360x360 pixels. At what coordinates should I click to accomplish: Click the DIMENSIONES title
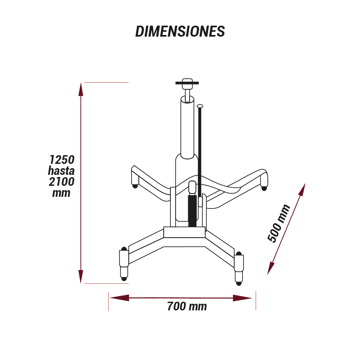pyautogui.click(x=180, y=31)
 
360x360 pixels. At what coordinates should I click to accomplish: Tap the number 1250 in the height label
pyautogui.click(x=62, y=160)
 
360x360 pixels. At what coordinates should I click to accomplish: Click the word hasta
pyautogui.click(x=61, y=171)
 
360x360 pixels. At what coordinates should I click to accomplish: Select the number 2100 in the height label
pyautogui.click(x=62, y=181)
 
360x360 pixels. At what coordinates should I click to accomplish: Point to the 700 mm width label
pyautogui.click(x=187, y=306)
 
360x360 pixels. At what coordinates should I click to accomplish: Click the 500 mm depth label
pyautogui.click(x=279, y=223)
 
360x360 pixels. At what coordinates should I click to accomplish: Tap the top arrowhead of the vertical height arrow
pyautogui.click(x=81, y=89)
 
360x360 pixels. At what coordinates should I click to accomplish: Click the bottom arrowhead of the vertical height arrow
pyautogui.click(x=81, y=277)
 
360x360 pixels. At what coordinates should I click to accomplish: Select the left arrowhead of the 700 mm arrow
pyautogui.click(x=119, y=298)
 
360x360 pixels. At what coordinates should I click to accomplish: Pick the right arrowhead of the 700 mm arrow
pyautogui.click(x=242, y=298)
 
